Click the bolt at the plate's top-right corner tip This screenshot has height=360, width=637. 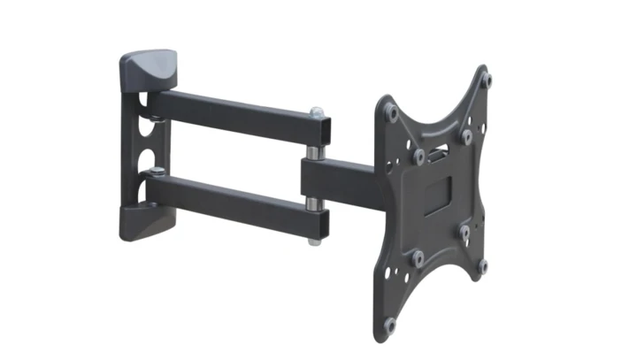pos(486,80)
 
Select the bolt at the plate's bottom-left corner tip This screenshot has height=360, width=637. pos(390,325)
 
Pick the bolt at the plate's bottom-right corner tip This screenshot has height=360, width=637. pos(483,264)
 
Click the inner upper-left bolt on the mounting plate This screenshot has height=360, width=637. pos(418,155)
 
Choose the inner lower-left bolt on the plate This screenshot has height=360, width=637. pos(418,257)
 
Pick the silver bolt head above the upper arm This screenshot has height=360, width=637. pos(317,112)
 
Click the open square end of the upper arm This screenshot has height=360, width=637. pos(323,132)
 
